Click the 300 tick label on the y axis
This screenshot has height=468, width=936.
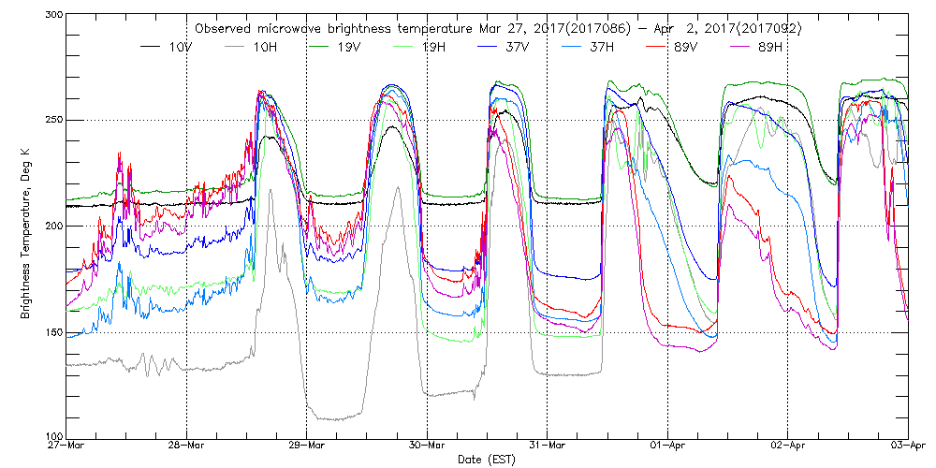pyautogui.click(x=51, y=16)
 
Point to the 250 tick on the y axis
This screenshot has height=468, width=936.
pyautogui.click(x=51, y=121)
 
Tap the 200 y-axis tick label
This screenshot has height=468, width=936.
pyautogui.click(x=51, y=226)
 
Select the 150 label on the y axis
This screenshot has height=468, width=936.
pyautogui.click(x=51, y=331)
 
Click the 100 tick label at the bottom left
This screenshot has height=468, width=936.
pyautogui.click(x=51, y=436)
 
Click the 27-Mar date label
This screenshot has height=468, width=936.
pyautogui.click(x=66, y=446)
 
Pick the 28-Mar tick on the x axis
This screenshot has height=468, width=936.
pyautogui.click(x=186, y=446)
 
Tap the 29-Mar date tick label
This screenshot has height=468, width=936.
pyautogui.click(x=307, y=446)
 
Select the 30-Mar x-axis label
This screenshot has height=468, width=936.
pyautogui.click(x=427, y=446)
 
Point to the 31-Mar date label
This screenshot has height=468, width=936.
pyautogui.click(x=548, y=446)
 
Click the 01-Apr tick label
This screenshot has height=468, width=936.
pyautogui.click(x=667, y=446)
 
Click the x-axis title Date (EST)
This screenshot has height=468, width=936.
pyautogui.click(x=488, y=460)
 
